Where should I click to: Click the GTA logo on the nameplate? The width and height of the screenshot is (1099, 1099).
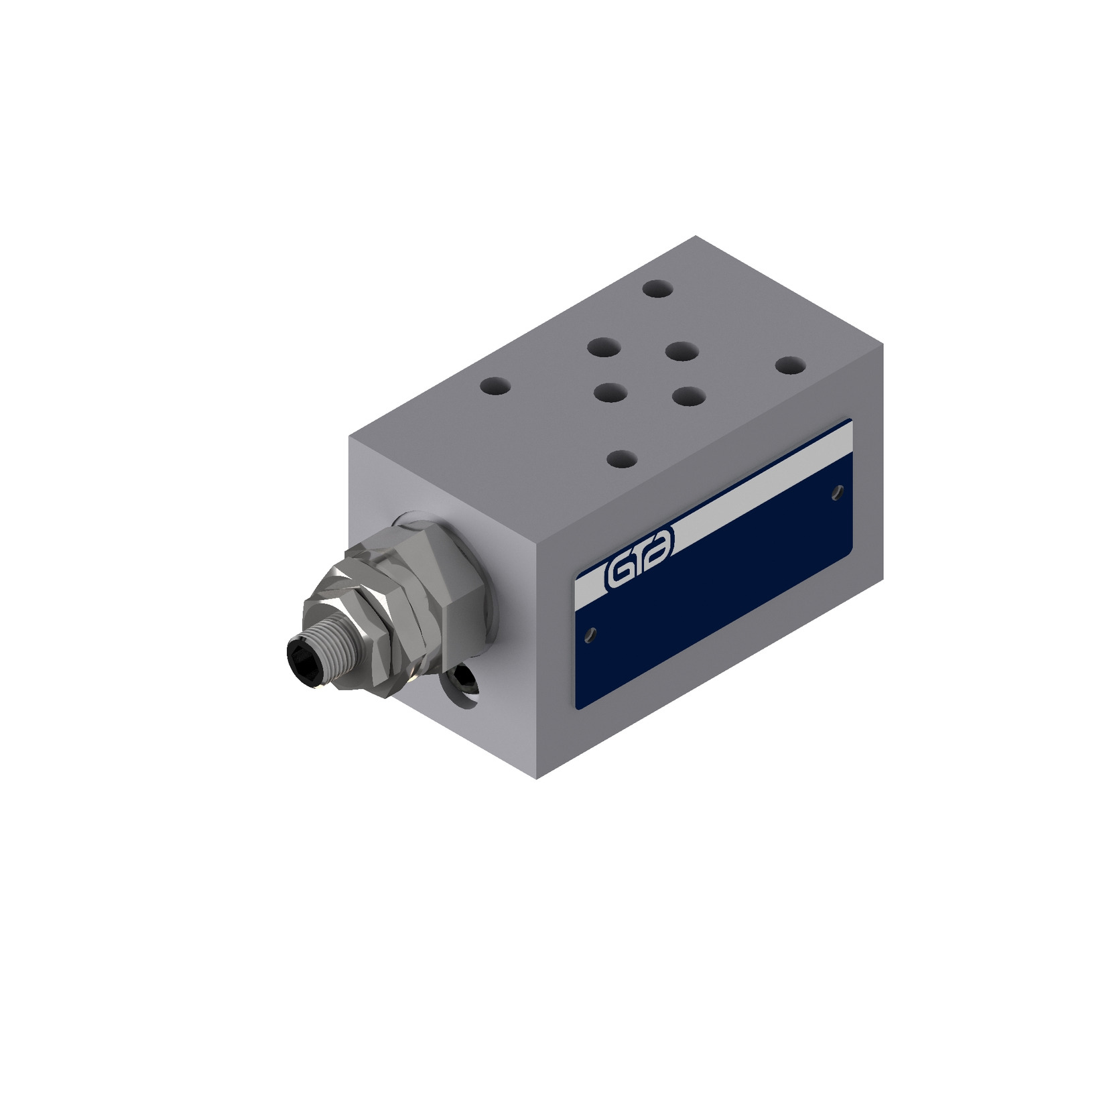point(639,554)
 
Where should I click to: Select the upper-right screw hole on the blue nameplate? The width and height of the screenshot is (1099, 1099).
point(838,493)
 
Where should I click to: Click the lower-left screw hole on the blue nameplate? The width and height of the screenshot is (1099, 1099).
point(590,635)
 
